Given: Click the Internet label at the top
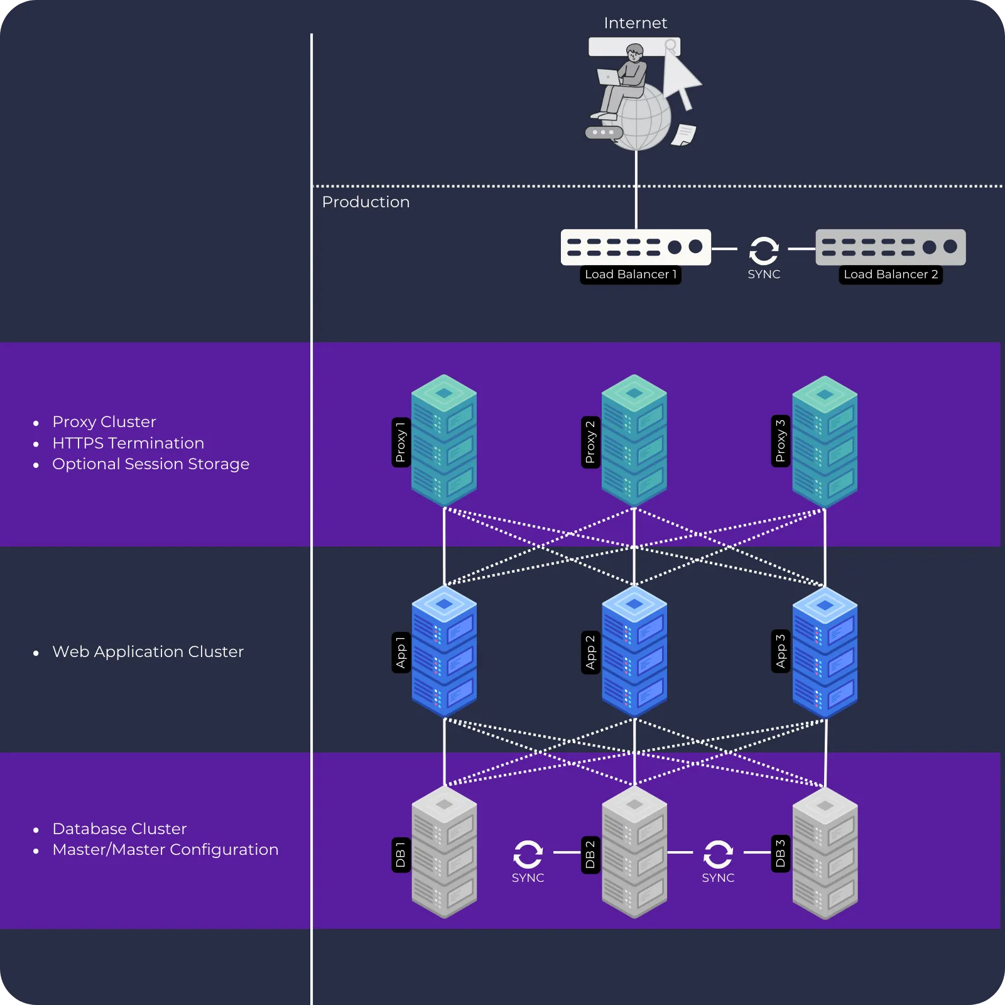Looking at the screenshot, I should click(635, 23).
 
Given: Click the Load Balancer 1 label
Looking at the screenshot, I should click(630, 274).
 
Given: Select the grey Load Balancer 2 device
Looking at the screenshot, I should click(890, 247).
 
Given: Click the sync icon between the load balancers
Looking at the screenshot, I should click(764, 251).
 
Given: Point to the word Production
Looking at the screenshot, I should click(366, 202).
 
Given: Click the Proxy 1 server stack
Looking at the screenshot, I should click(444, 441).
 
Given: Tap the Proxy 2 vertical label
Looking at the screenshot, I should click(590, 442).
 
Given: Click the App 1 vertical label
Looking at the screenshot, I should click(401, 652).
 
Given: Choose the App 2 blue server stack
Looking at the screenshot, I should click(634, 652).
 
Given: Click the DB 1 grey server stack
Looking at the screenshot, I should click(444, 853).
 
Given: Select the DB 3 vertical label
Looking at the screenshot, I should click(780, 854).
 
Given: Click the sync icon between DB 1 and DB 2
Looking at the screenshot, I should click(528, 854).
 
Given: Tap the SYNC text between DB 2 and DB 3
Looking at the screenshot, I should click(718, 878).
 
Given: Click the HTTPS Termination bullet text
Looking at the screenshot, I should click(128, 443).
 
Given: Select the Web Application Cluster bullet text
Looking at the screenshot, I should click(148, 652).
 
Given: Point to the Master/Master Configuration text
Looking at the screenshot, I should click(165, 850).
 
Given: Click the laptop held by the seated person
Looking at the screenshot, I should click(608, 77).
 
